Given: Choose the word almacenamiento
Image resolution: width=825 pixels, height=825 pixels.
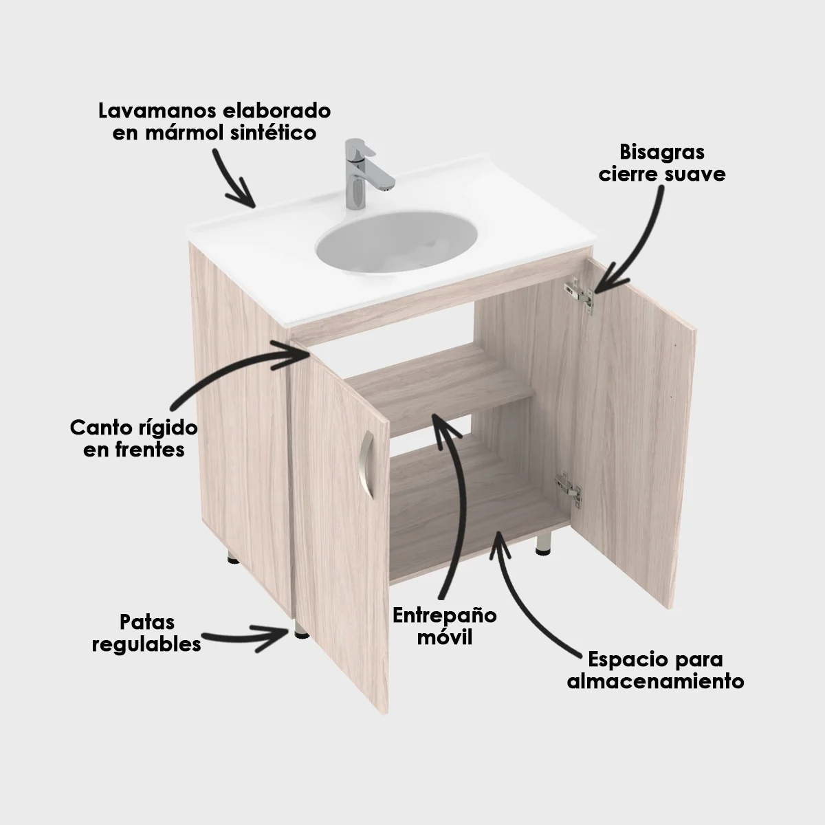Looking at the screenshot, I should [655, 682].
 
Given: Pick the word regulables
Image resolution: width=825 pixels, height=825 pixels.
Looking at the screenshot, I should [146, 645].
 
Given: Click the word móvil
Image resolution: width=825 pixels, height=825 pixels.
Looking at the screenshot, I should [445, 637].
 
